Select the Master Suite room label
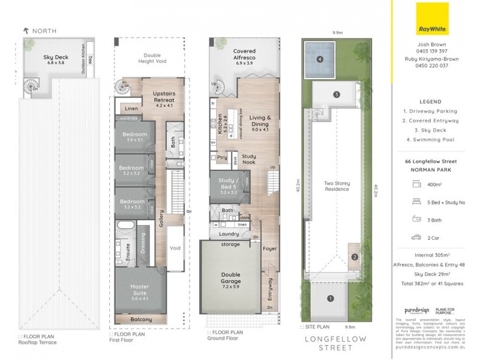139,290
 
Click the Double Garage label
231,277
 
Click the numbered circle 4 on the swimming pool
320,59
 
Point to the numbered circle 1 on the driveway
329,298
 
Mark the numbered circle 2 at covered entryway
355,257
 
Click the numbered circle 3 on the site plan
337,94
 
